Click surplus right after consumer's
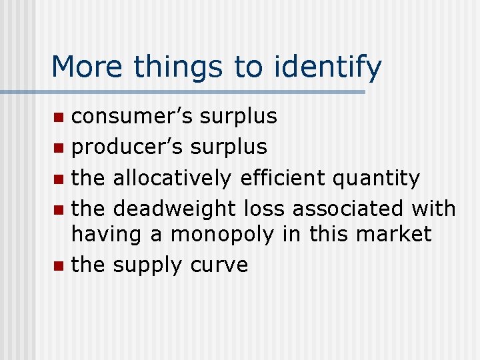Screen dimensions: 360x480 tap(239, 116)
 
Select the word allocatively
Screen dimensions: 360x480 tap(172, 178)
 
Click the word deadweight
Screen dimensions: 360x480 tap(175, 209)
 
